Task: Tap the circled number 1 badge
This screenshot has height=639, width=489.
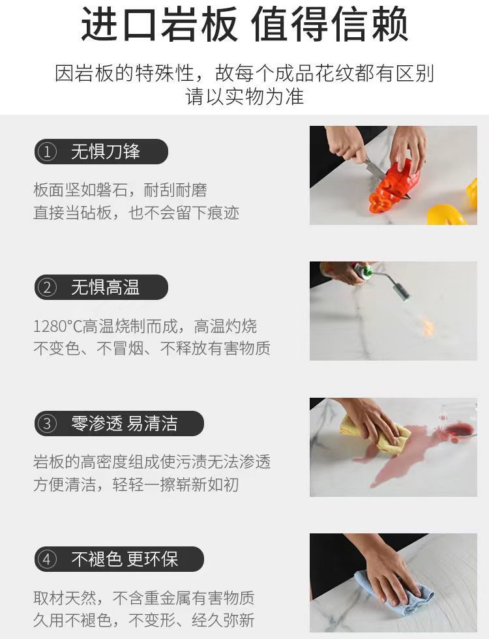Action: click(x=47, y=152)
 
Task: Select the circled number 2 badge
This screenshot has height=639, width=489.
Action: click(x=47, y=288)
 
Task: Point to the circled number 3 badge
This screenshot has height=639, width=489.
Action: click(x=47, y=424)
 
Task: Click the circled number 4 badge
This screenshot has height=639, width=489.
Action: click(x=47, y=559)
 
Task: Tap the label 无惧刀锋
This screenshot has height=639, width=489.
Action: click(x=106, y=152)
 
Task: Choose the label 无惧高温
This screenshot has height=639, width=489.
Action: click(x=106, y=288)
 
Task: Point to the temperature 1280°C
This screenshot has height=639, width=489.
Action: click(x=57, y=326)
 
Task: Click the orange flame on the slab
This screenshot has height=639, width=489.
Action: click(x=427, y=326)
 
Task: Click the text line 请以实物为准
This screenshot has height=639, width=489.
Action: click(x=244, y=97)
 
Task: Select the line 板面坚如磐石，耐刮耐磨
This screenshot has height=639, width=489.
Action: click(x=120, y=190)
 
